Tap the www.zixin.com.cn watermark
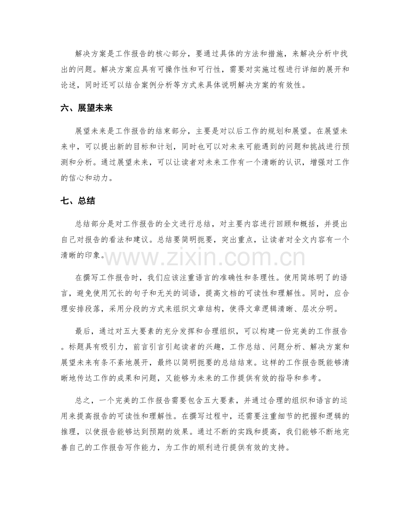205,258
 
